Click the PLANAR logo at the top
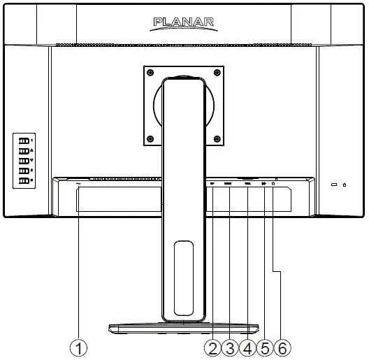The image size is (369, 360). (184, 24)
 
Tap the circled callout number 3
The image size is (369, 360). (229, 347)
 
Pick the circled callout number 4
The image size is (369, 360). (247, 347)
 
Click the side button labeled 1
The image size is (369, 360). (23, 140)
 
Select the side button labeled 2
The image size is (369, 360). (23, 171)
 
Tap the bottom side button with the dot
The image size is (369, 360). (23, 181)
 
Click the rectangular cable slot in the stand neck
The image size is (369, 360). (183, 277)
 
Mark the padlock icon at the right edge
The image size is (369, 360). (345, 185)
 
